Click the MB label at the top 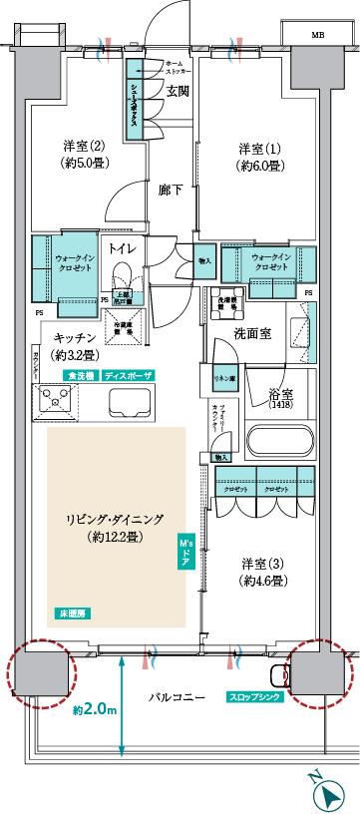coord(318,35)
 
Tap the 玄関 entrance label coord(178,92)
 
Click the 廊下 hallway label coord(147,188)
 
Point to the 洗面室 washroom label coord(253,333)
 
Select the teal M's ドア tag coord(184,553)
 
